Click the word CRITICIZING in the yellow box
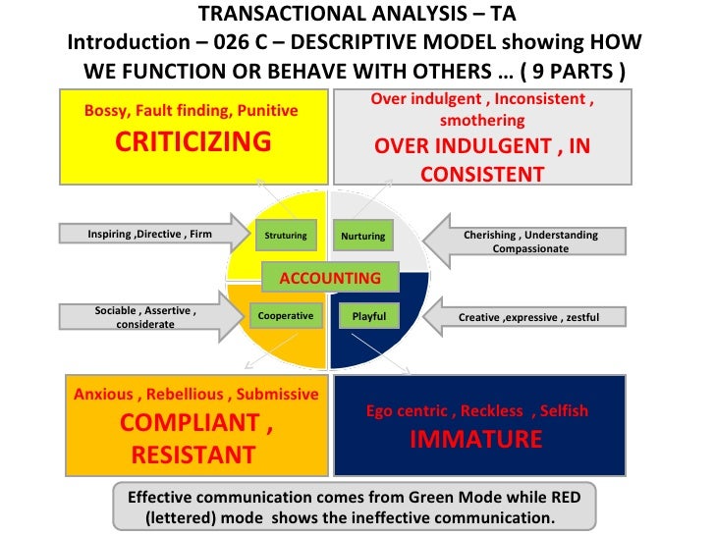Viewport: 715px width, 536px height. (x=192, y=141)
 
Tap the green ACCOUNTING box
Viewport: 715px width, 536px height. (x=330, y=278)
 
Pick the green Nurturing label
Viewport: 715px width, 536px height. (x=362, y=237)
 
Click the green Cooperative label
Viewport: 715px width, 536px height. (x=285, y=316)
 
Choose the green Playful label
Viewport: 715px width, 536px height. (x=369, y=316)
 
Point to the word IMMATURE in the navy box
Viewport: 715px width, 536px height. (x=475, y=439)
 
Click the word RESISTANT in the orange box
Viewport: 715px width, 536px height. (x=192, y=456)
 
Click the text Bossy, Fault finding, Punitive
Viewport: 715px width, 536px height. (x=192, y=111)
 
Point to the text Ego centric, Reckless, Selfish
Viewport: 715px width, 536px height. (x=476, y=411)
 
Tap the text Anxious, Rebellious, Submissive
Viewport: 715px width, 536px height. (x=196, y=395)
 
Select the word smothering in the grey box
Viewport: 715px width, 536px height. (x=481, y=121)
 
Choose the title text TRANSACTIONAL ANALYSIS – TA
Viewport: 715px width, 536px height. (x=357, y=16)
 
